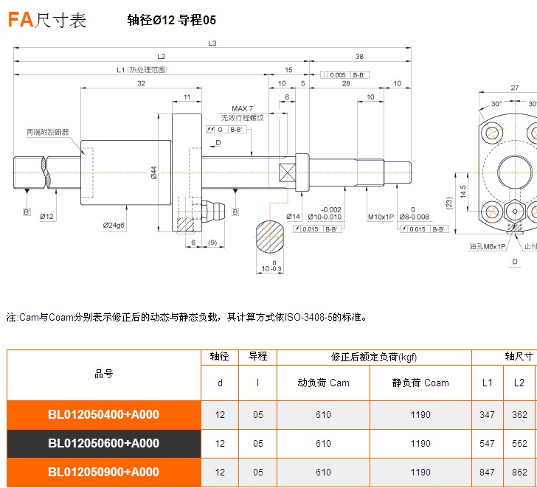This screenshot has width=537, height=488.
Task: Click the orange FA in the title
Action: (20, 20)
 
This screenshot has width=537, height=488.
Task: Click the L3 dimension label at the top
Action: (212, 43)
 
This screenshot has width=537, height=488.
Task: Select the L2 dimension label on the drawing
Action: (162, 56)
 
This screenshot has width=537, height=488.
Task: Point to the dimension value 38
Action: (359, 56)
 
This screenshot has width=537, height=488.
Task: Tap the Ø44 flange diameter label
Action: (154, 172)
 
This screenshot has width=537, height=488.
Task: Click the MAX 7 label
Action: (242, 109)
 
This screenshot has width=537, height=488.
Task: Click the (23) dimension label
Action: (449, 202)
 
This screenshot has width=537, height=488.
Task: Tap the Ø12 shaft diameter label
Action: (46, 216)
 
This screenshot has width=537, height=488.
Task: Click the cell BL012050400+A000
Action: (103, 415)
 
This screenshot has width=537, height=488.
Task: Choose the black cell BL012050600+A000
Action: (103, 444)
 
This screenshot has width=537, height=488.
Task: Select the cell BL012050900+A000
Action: (103, 473)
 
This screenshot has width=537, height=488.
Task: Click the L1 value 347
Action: (487, 415)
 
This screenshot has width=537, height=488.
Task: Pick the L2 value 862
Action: (519, 473)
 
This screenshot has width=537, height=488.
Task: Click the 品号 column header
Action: (103, 374)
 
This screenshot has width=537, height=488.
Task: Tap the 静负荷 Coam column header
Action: (420, 383)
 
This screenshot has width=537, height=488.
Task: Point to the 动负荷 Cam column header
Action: (323, 383)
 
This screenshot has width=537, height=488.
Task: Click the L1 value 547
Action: (487, 444)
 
